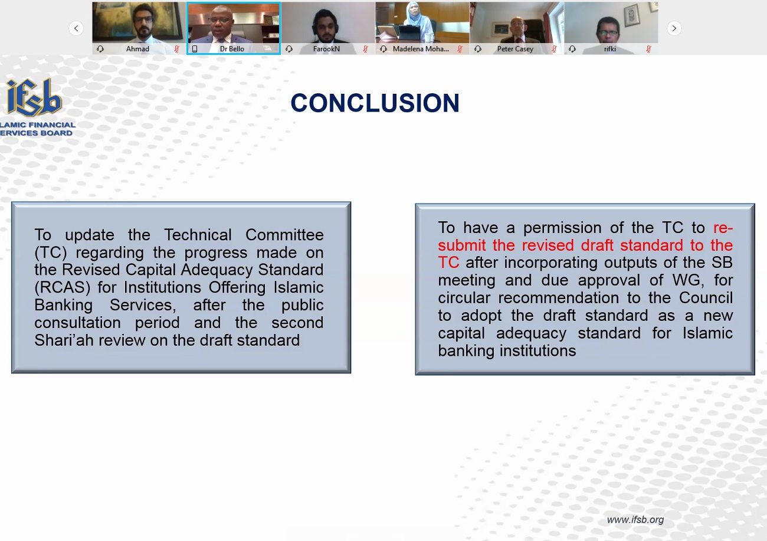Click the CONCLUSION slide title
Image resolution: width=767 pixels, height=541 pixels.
(x=375, y=103)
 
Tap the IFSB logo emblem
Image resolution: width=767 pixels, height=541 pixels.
(x=34, y=97)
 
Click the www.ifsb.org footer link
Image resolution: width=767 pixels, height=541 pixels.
(x=635, y=520)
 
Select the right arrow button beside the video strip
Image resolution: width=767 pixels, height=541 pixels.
(x=674, y=28)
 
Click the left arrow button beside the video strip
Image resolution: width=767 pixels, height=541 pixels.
(x=76, y=28)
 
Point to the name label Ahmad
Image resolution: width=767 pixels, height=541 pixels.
(x=137, y=49)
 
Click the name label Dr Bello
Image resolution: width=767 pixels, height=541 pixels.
(x=232, y=49)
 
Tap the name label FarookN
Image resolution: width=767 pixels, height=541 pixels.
(x=326, y=49)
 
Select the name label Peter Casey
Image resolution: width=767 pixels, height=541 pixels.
(x=515, y=49)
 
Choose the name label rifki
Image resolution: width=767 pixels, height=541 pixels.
(x=610, y=49)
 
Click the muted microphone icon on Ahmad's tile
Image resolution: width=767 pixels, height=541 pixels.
(x=176, y=49)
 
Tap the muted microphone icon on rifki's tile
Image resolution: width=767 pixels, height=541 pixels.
(x=648, y=49)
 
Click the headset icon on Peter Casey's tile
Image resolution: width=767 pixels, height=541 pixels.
(x=478, y=49)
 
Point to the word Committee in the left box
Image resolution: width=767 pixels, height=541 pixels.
(x=284, y=235)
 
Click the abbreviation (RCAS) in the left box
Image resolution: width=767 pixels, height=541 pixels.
(x=63, y=287)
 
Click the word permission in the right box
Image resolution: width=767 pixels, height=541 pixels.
(x=562, y=228)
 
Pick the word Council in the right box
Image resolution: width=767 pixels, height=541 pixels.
(x=706, y=297)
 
